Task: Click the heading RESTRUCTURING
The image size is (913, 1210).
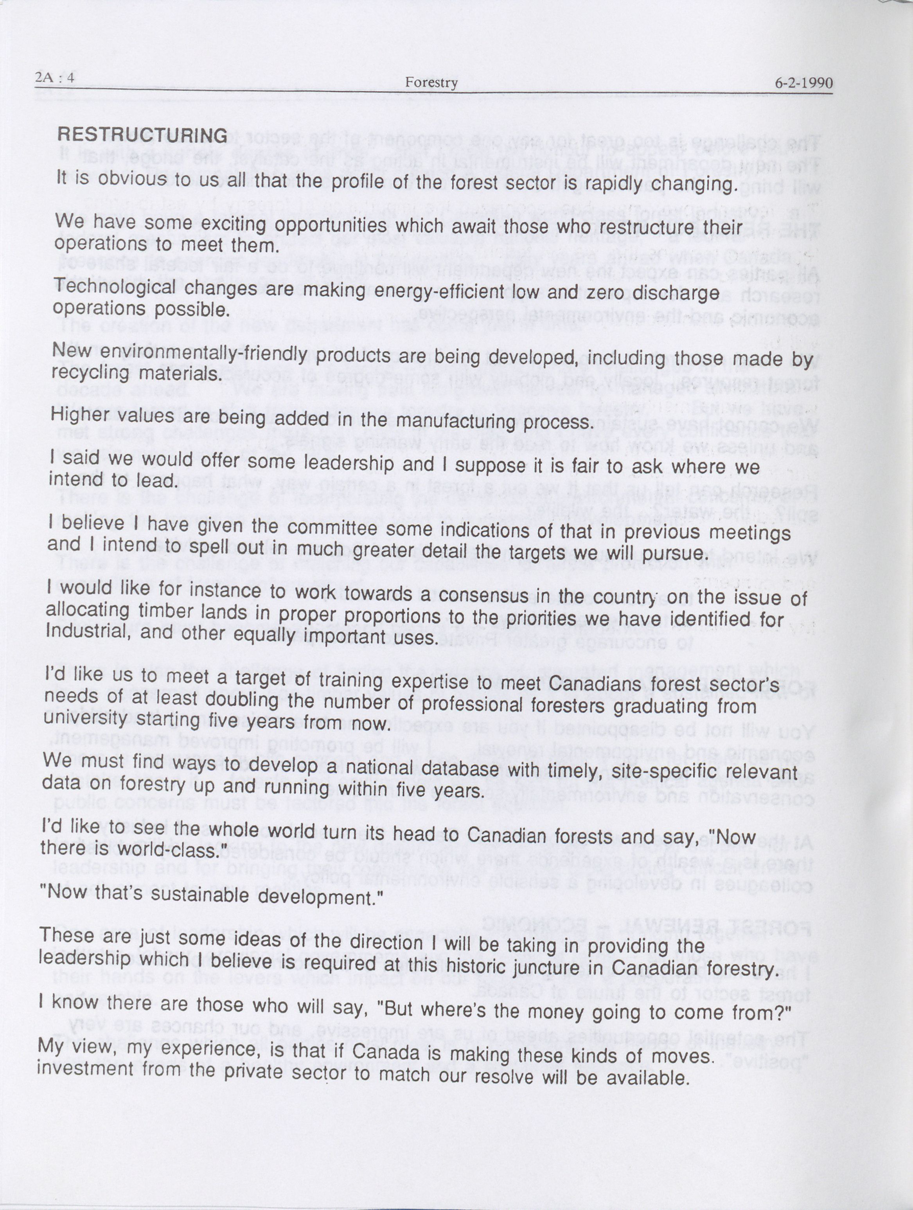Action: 142,135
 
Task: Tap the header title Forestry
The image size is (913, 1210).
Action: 431,83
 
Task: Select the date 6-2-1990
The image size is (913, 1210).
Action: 803,83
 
